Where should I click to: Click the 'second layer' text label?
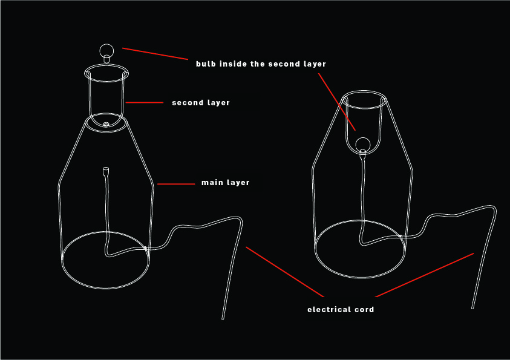tap(201, 103)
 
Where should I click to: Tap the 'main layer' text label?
tap(226, 183)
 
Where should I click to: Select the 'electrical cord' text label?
tap(341, 310)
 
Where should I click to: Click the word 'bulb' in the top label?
tap(206, 64)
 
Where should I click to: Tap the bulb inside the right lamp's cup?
tap(362, 145)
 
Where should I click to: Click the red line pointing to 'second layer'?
tap(144, 102)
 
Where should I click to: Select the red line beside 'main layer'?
tap(176, 184)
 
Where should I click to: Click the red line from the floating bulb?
tap(155, 54)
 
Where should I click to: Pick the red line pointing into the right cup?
tap(336, 102)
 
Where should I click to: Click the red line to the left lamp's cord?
tap(285, 272)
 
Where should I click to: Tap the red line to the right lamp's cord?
tap(424, 275)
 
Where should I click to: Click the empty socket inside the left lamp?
tap(106, 171)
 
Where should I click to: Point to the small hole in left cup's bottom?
tap(106, 124)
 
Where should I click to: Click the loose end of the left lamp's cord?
tap(223, 318)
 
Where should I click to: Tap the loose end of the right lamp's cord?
tap(472, 307)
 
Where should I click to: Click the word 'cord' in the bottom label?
tap(364, 310)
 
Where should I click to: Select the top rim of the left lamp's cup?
tap(106, 64)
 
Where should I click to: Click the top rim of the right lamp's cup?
tap(364, 91)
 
